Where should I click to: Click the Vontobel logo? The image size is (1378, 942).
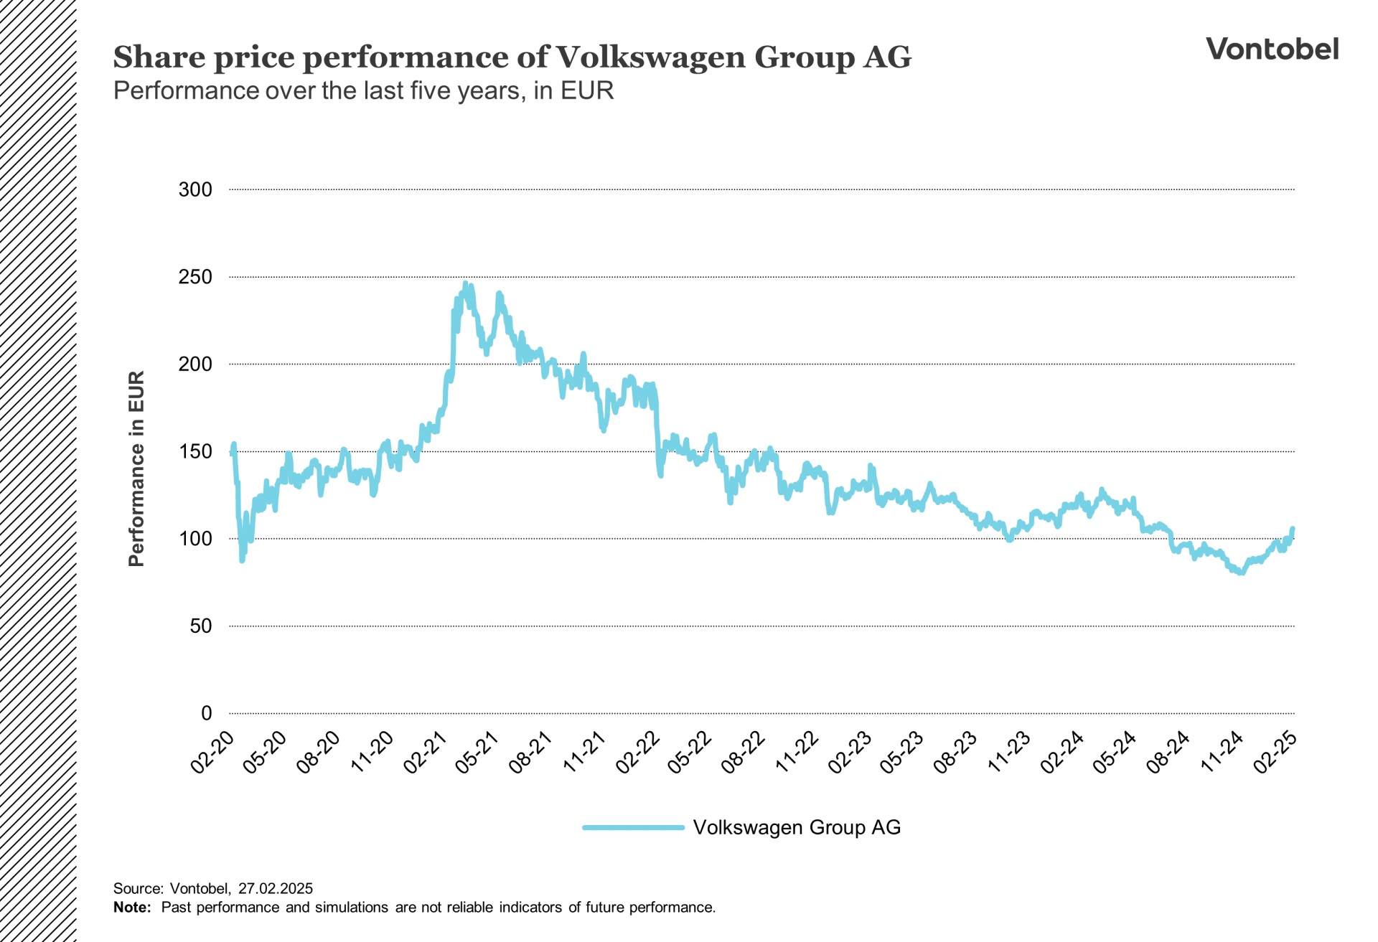click(x=1272, y=49)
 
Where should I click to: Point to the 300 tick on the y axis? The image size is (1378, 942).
click(x=195, y=190)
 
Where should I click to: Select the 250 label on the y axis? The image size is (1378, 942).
click(x=195, y=277)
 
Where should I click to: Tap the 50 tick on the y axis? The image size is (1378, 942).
click(x=201, y=626)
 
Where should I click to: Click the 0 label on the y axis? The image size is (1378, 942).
click(x=207, y=713)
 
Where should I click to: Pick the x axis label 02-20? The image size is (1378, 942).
click(x=213, y=752)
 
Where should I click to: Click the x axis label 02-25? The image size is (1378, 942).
click(x=1275, y=752)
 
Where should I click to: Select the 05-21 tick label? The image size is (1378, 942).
click(x=478, y=752)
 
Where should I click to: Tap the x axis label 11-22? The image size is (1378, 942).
click(x=797, y=752)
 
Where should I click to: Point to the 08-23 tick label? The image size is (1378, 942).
click(x=956, y=752)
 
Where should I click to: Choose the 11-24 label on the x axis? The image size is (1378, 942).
click(x=1222, y=752)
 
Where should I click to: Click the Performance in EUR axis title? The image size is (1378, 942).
click(x=136, y=468)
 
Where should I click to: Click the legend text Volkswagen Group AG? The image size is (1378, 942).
click(x=796, y=827)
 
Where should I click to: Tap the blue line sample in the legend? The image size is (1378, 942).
click(x=633, y=827)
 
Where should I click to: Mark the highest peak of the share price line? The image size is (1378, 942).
click(x=465, y=283)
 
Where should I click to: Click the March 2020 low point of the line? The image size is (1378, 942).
click(x=242, y=560)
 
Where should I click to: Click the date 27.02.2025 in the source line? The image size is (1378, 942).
click(x=276, y=888)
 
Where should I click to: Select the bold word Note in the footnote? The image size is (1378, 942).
click(x=131, y=908)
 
